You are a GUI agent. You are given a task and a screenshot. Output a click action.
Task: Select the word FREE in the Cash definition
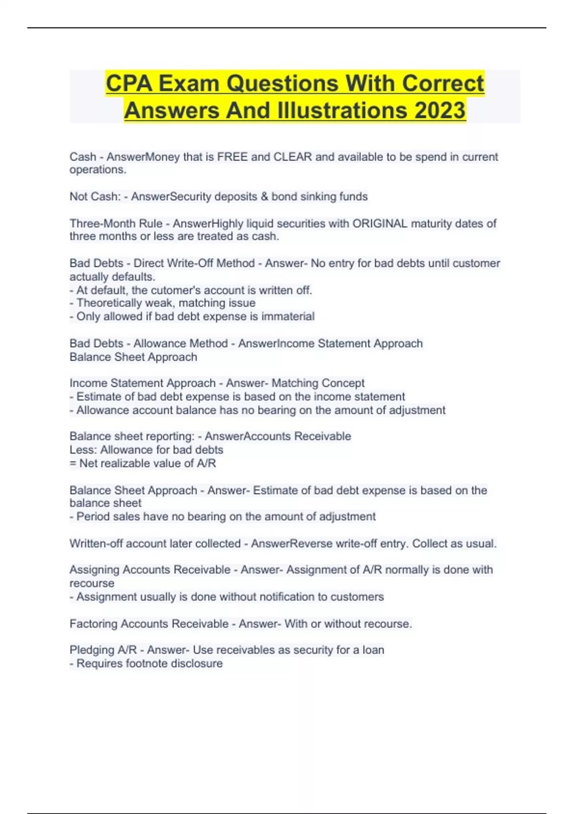(x=232, y=157)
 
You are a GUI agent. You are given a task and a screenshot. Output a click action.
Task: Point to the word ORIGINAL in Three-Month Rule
(x=380, y=224)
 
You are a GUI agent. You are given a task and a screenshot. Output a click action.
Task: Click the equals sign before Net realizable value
(x=73, y=464)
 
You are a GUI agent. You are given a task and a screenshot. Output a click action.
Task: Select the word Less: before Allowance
(x=83, y=450)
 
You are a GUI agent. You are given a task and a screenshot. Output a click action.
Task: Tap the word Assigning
(x=94, y=570)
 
